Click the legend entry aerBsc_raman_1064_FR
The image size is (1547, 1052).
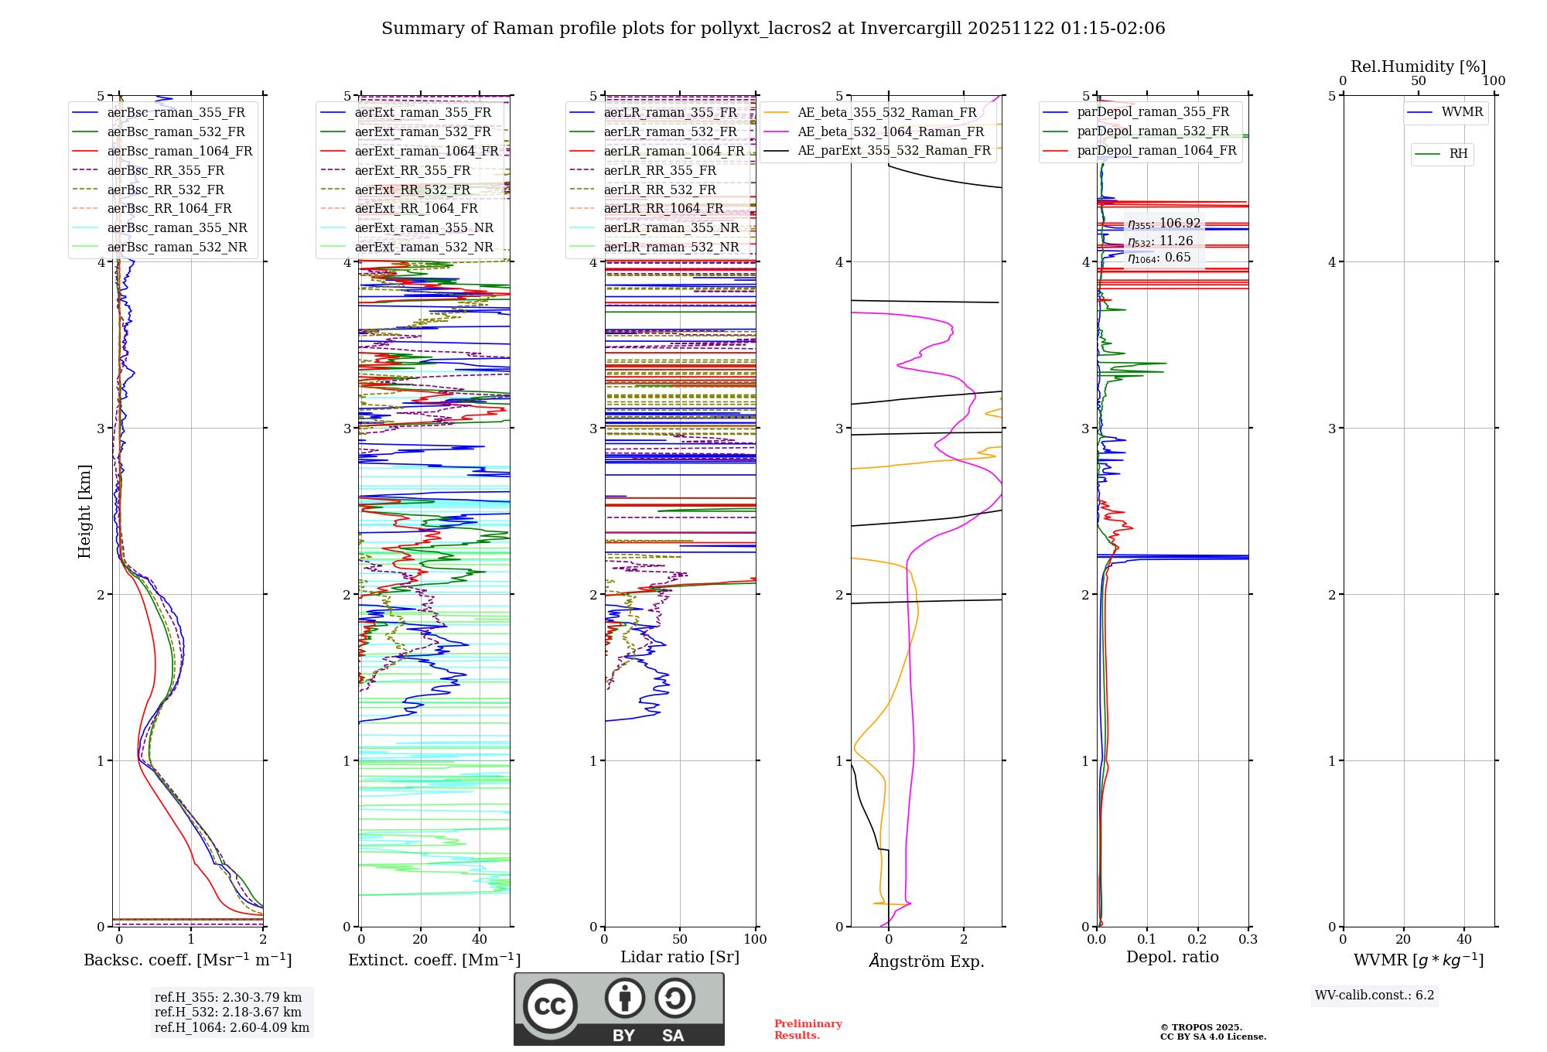click(179, 151)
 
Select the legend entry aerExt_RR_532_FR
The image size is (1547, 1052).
click(412, 190)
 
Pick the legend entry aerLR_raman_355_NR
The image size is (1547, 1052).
click(671, 227)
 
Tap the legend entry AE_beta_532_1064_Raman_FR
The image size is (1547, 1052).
click(890, 131)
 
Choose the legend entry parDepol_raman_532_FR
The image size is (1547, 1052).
click(1153, 131)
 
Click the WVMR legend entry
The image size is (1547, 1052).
click(1462, 112)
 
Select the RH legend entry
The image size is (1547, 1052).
click(1458, 154)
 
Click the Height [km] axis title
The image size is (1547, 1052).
click(84, 511)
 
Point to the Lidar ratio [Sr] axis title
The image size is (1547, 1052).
click(679, 957)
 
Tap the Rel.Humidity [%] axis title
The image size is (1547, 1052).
click(1418, 67)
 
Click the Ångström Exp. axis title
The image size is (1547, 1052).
click(926, 961)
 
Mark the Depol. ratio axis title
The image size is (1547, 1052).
click(1172, 957)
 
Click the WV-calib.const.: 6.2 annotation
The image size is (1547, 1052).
click(1375, 995)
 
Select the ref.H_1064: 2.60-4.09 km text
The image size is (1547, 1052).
click(231, 1027)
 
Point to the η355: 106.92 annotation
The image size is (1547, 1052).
click(1163, 224)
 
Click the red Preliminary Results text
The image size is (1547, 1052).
click(808, 1030)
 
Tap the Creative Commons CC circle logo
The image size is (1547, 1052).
click(550, 1006)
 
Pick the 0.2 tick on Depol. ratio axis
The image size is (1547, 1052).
click(1197, 939)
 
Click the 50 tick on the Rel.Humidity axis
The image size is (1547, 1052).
click(1418, 81)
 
